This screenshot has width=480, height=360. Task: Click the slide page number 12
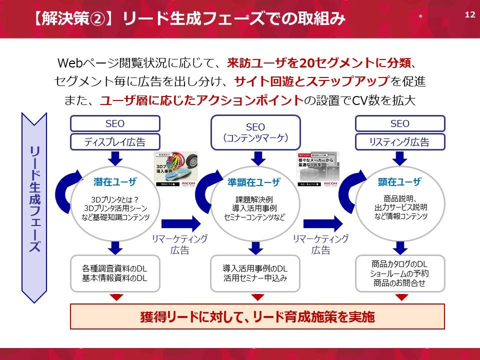point(469,13)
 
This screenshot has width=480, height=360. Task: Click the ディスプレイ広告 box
point(115,142)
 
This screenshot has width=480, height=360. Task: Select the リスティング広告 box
point(399,142)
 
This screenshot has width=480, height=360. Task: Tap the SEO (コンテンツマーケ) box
point(255,132)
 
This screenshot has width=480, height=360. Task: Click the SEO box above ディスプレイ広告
point(115,123)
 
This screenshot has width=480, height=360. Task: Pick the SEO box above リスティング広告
point(399,123)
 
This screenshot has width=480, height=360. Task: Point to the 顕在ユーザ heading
point(399,181)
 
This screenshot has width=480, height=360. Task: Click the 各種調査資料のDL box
point(115,273)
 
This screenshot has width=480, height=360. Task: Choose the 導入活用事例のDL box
point(255,273)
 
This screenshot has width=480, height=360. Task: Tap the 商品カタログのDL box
point(399,273)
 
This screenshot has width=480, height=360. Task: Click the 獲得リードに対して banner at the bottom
point(257,317)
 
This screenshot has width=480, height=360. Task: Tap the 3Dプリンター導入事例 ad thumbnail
point(175,169)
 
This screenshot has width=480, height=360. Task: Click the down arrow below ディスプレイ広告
point(115,158)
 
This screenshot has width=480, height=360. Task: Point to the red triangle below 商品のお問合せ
point(400,297)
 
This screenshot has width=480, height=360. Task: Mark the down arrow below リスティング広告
point(400,158)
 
